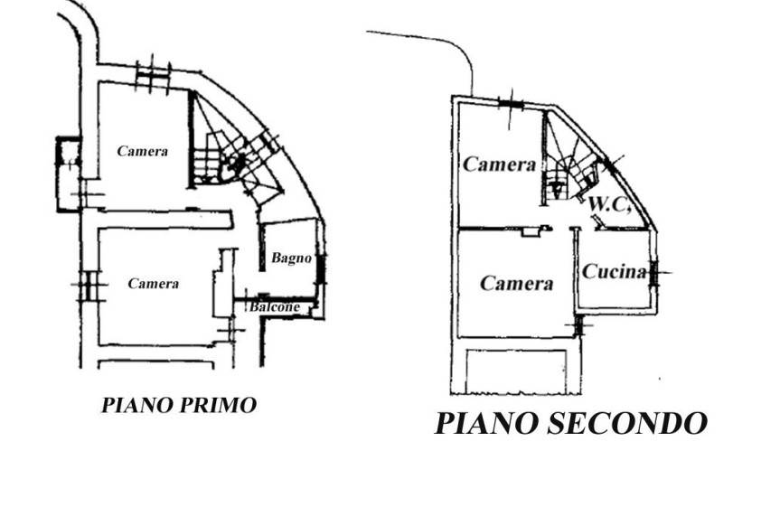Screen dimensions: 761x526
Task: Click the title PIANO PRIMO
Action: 179,405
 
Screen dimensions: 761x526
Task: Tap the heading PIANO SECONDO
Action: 570,423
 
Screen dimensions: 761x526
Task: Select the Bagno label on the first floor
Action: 291,258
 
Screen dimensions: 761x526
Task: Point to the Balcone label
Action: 274,306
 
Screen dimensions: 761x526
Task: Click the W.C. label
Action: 610,204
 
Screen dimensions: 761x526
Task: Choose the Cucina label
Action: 615,272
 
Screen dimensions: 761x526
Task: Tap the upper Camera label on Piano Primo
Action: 143,151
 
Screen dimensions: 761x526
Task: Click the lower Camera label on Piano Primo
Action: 154,284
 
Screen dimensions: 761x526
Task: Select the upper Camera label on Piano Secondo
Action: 500,164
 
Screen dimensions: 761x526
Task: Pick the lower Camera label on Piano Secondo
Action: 516,283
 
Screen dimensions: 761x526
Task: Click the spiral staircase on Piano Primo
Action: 233,155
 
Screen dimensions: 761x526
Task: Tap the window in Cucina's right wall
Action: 653,273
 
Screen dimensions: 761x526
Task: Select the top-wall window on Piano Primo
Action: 153,76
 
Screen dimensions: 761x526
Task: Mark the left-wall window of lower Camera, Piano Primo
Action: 89,286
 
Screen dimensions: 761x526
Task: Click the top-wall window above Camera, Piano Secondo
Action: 511,104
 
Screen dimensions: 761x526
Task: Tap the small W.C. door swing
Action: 598,221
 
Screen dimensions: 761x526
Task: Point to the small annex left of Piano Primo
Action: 69,174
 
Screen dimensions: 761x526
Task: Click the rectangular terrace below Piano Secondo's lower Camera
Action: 516,371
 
